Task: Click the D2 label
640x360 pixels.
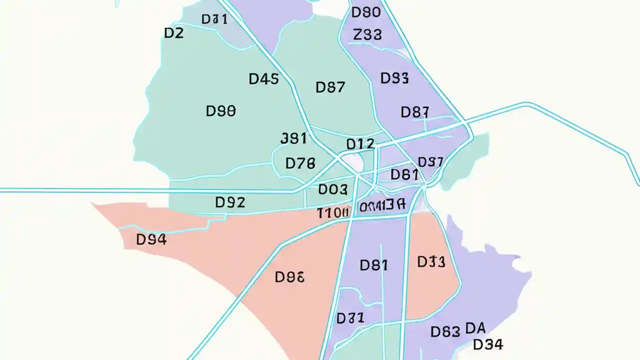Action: click(174, 33)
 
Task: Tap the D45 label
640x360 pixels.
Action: click(263, 79)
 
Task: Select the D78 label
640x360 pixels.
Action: click(300, 163)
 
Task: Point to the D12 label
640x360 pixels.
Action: click(360, 144)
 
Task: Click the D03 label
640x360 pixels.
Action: click(332, 189)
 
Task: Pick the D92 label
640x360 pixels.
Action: click(230, 202)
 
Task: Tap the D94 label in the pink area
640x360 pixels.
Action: click(151, 240)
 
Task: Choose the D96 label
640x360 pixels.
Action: click(289, 276)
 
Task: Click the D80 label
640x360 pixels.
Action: click(366, 12)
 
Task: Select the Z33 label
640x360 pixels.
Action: click(367, 34)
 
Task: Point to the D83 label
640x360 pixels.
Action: click(445, 331)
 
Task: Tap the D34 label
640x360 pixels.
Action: click(488, 344)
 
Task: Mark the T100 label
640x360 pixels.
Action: click(333, 213)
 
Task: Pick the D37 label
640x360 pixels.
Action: click(430, 162)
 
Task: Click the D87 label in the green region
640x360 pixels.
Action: click(330, 87)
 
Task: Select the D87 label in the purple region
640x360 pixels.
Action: click(414, 112)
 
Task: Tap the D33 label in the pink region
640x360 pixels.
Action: click(431, 261)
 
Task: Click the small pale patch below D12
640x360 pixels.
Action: click(354, 161)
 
